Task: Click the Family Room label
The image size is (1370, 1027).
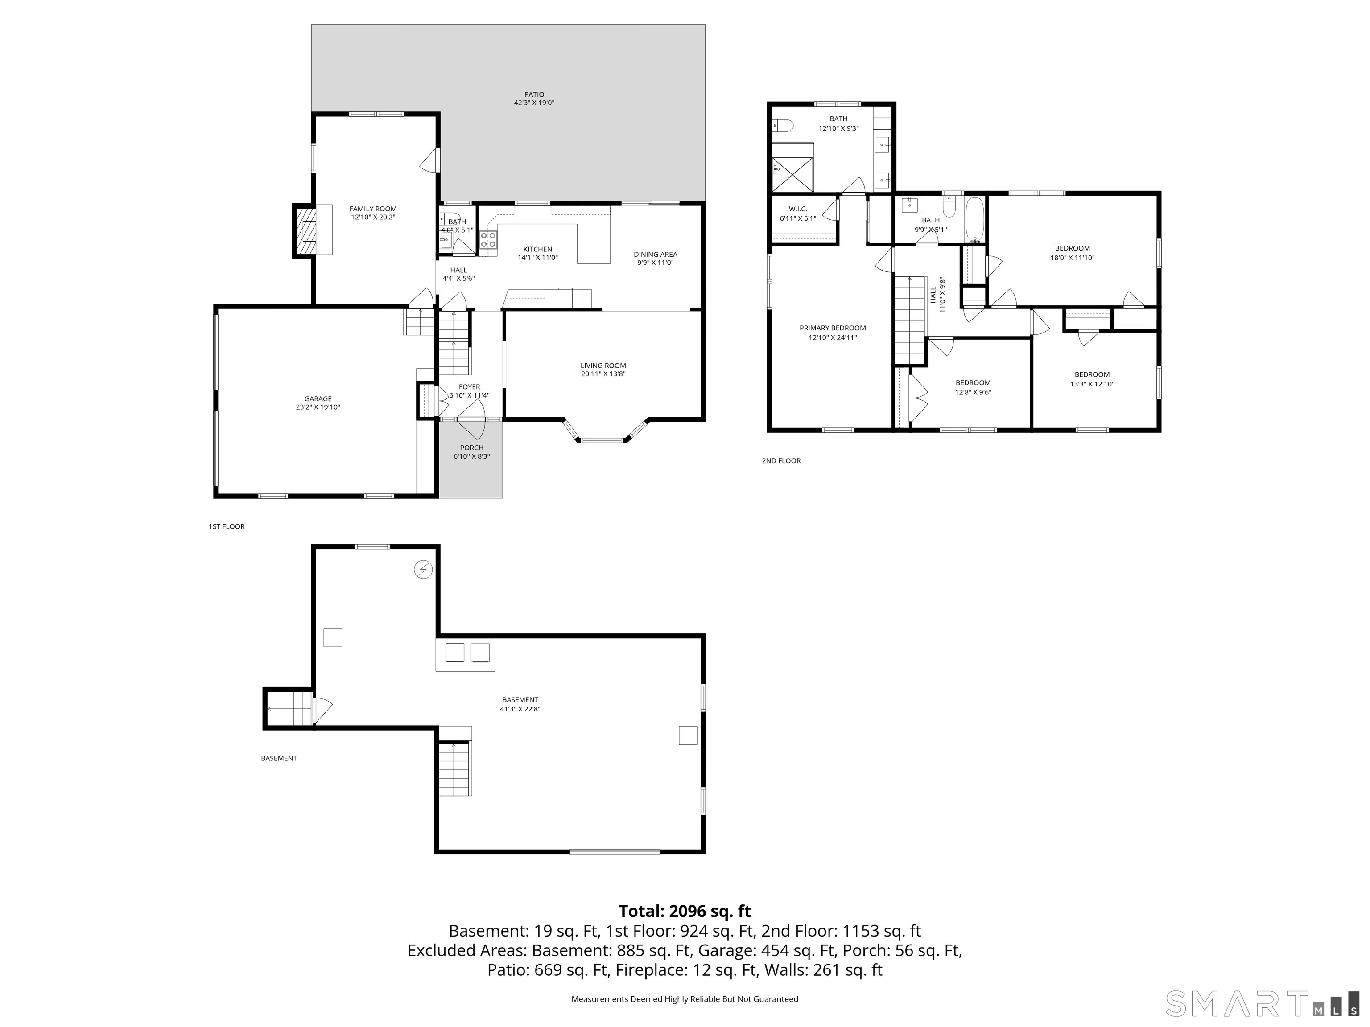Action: (373, 209)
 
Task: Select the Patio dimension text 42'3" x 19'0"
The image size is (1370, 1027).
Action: (534, 103)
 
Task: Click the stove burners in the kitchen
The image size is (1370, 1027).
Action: (488, 239)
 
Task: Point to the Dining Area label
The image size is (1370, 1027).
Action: (655, 255)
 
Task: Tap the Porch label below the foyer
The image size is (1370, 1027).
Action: (471, 448)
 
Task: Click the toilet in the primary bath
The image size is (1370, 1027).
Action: (783, 126)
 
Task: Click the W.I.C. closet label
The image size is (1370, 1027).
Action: (798, 209)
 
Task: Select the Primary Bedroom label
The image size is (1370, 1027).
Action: (833, 329)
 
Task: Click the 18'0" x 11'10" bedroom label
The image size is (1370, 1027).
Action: (1072, 249)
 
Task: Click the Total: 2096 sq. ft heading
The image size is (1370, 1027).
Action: (685, 911)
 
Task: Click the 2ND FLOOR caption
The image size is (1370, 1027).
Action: (781, 460)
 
